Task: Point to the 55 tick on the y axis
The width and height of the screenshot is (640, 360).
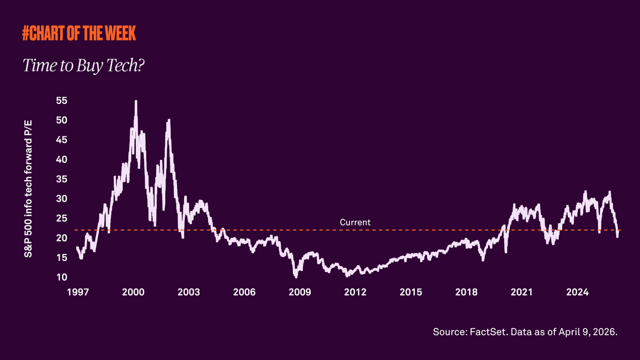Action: (61, 100)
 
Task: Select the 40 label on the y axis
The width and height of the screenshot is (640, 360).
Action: (61, 160)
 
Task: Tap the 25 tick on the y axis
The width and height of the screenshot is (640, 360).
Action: (61, 218)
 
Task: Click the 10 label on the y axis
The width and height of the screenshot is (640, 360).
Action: (61, 277)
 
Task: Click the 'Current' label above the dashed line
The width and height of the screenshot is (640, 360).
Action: (355, 223)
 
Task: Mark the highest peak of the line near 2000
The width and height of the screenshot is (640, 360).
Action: (136, 101)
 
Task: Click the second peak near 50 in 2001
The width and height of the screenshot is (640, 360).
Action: (168, 120)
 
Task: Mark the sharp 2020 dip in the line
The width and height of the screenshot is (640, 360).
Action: (505, 252)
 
